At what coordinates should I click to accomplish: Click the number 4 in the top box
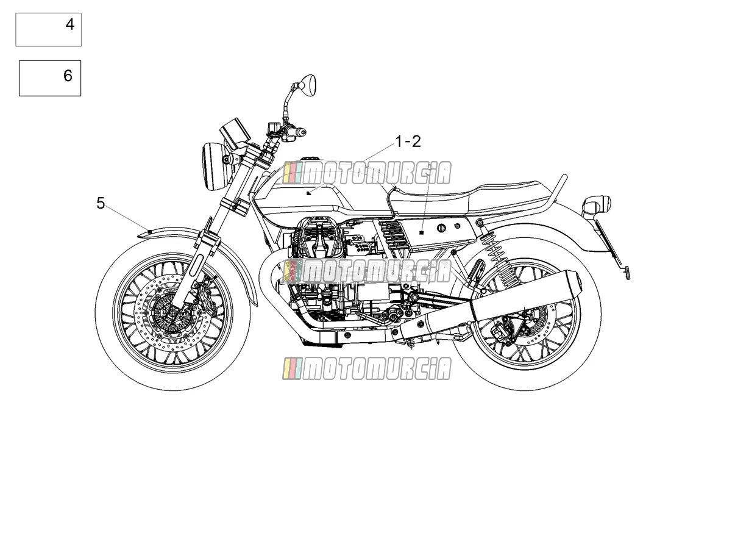[x=70, y=24]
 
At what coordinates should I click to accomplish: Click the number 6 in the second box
[x=68, y=76]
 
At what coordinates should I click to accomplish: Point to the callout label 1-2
[x=408, y=142]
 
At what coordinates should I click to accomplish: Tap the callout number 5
[x=101, y=204]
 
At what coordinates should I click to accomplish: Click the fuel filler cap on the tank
[x=310, y=159]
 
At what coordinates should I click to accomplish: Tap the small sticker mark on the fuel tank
[x=309, y=193]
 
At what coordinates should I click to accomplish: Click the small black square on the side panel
[x=422, y=232]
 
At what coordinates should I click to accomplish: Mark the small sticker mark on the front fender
[x=149, y=231]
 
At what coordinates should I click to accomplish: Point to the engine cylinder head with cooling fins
[x=318, y=236]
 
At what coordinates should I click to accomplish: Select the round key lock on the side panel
[x=442, y=228]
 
